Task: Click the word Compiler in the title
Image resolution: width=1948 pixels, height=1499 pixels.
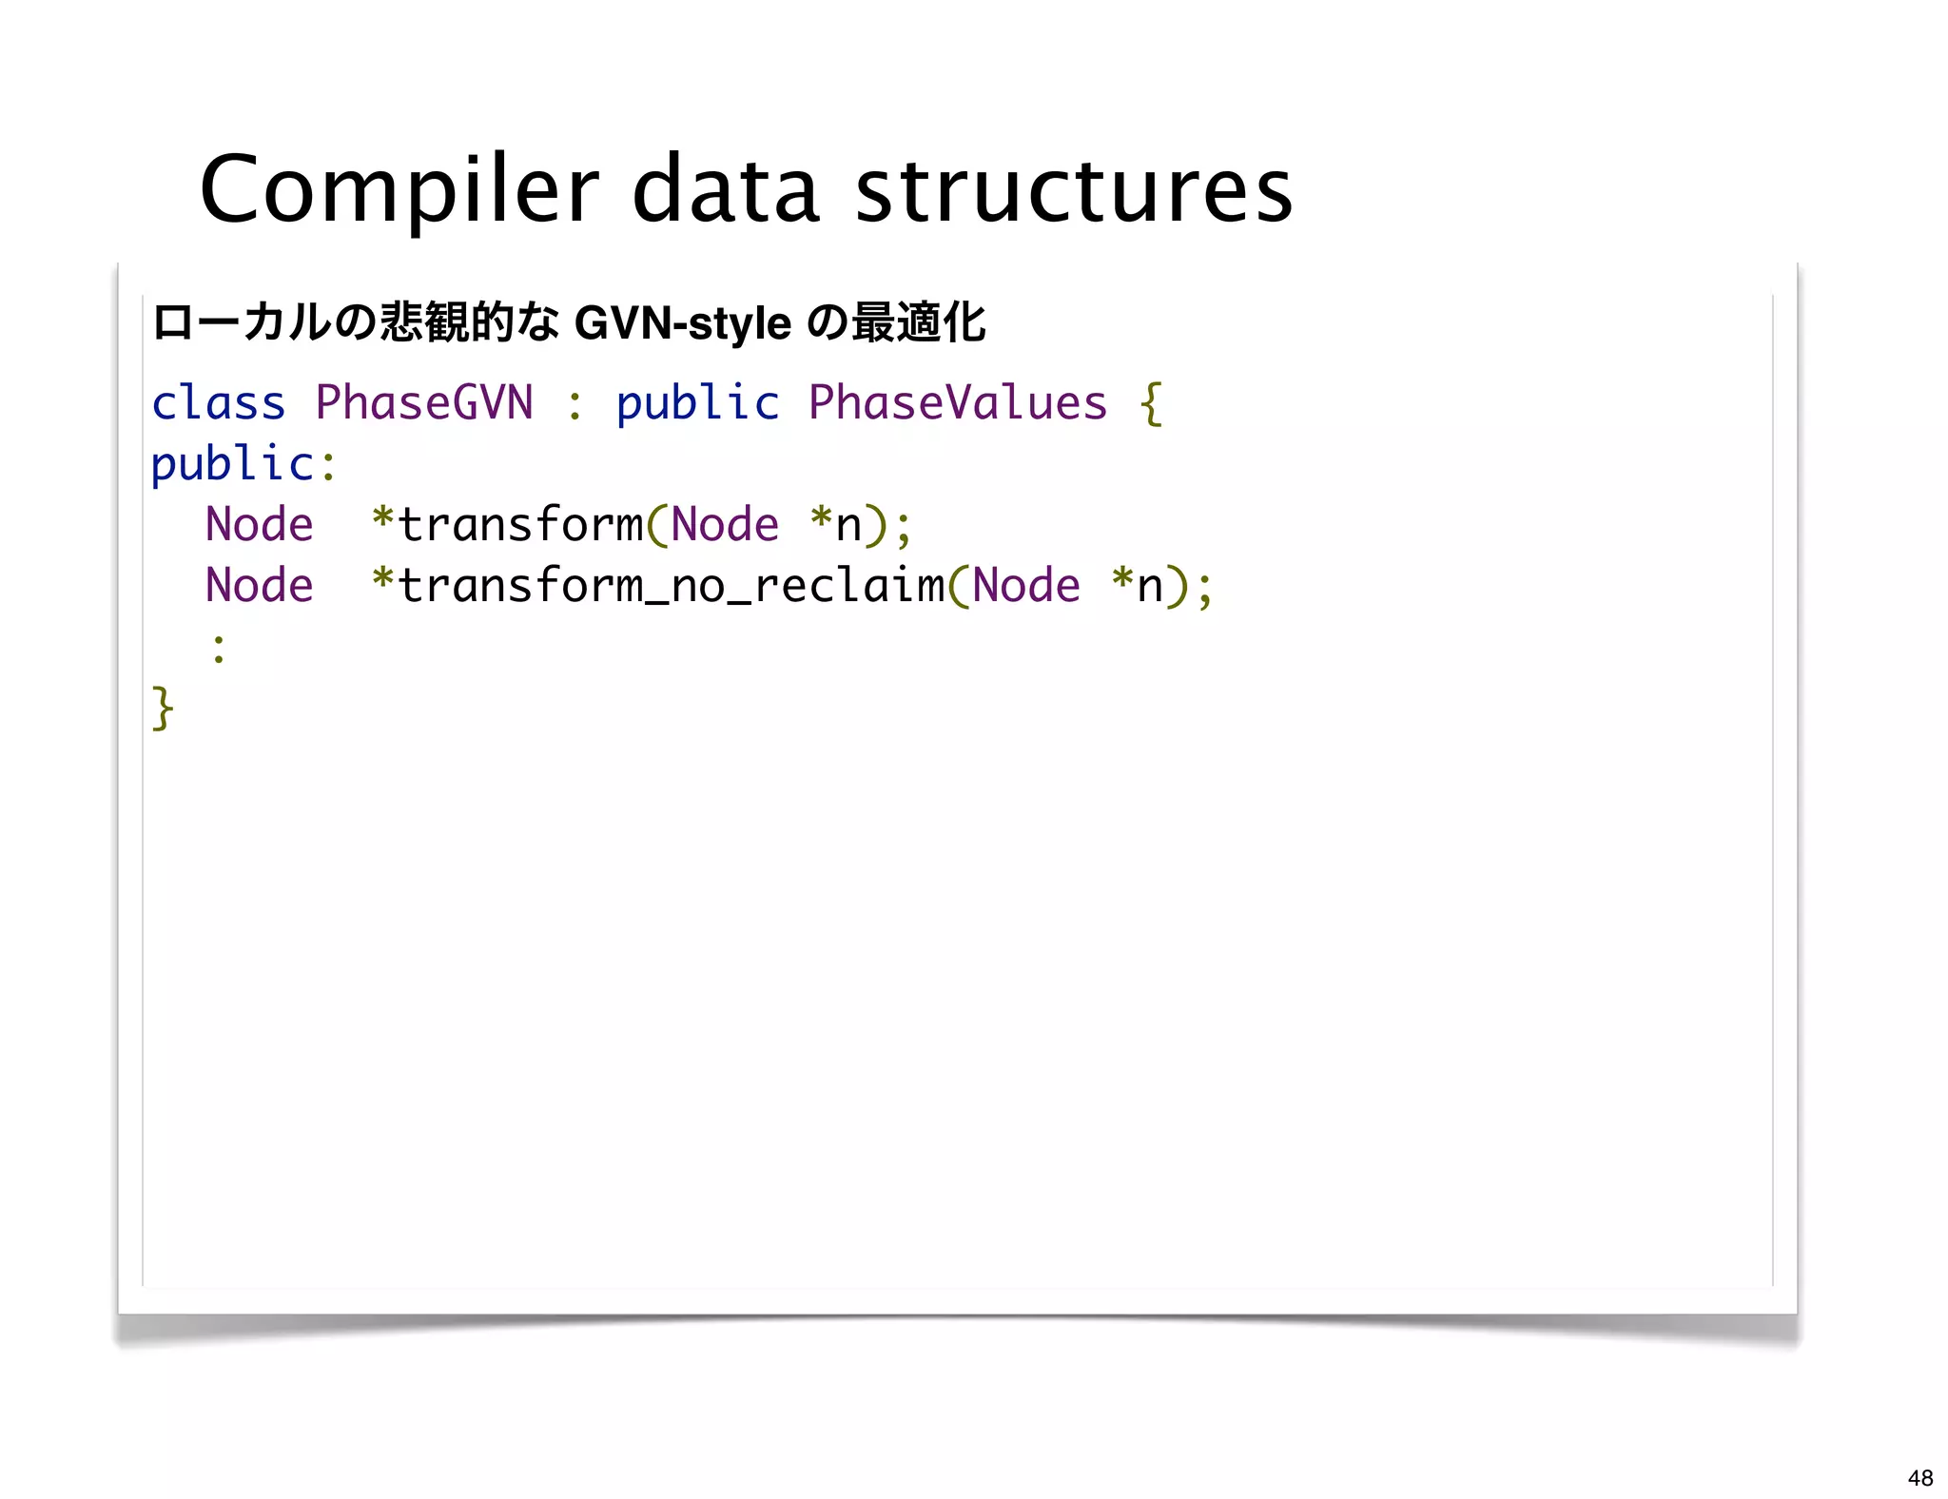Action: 399,190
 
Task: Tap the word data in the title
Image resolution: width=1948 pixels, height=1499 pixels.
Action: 725,190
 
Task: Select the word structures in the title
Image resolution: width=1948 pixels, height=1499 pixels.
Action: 1074,190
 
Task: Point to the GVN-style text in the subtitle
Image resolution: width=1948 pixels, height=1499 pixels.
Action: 682,323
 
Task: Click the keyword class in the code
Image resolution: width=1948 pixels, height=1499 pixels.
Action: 218,402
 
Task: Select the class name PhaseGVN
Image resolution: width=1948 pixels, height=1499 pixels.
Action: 423,402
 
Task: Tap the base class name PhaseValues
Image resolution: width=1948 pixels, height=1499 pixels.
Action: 957,402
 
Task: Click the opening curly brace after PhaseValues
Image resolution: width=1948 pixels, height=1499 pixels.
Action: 1151,404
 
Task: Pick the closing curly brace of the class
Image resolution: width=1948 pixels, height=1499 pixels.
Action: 163,709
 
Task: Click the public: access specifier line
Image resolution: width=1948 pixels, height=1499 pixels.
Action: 243,464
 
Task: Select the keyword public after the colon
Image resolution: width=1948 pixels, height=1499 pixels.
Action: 697,402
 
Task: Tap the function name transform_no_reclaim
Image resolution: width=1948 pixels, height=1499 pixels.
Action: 671,585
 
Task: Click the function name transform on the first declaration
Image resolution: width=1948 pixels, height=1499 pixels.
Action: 520,524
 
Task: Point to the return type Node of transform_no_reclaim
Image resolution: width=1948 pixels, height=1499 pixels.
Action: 259,585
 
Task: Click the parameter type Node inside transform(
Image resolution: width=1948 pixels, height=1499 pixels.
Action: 725,524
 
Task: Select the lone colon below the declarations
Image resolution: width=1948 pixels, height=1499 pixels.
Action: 219,649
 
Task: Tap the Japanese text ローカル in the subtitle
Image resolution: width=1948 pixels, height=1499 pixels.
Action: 242,322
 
